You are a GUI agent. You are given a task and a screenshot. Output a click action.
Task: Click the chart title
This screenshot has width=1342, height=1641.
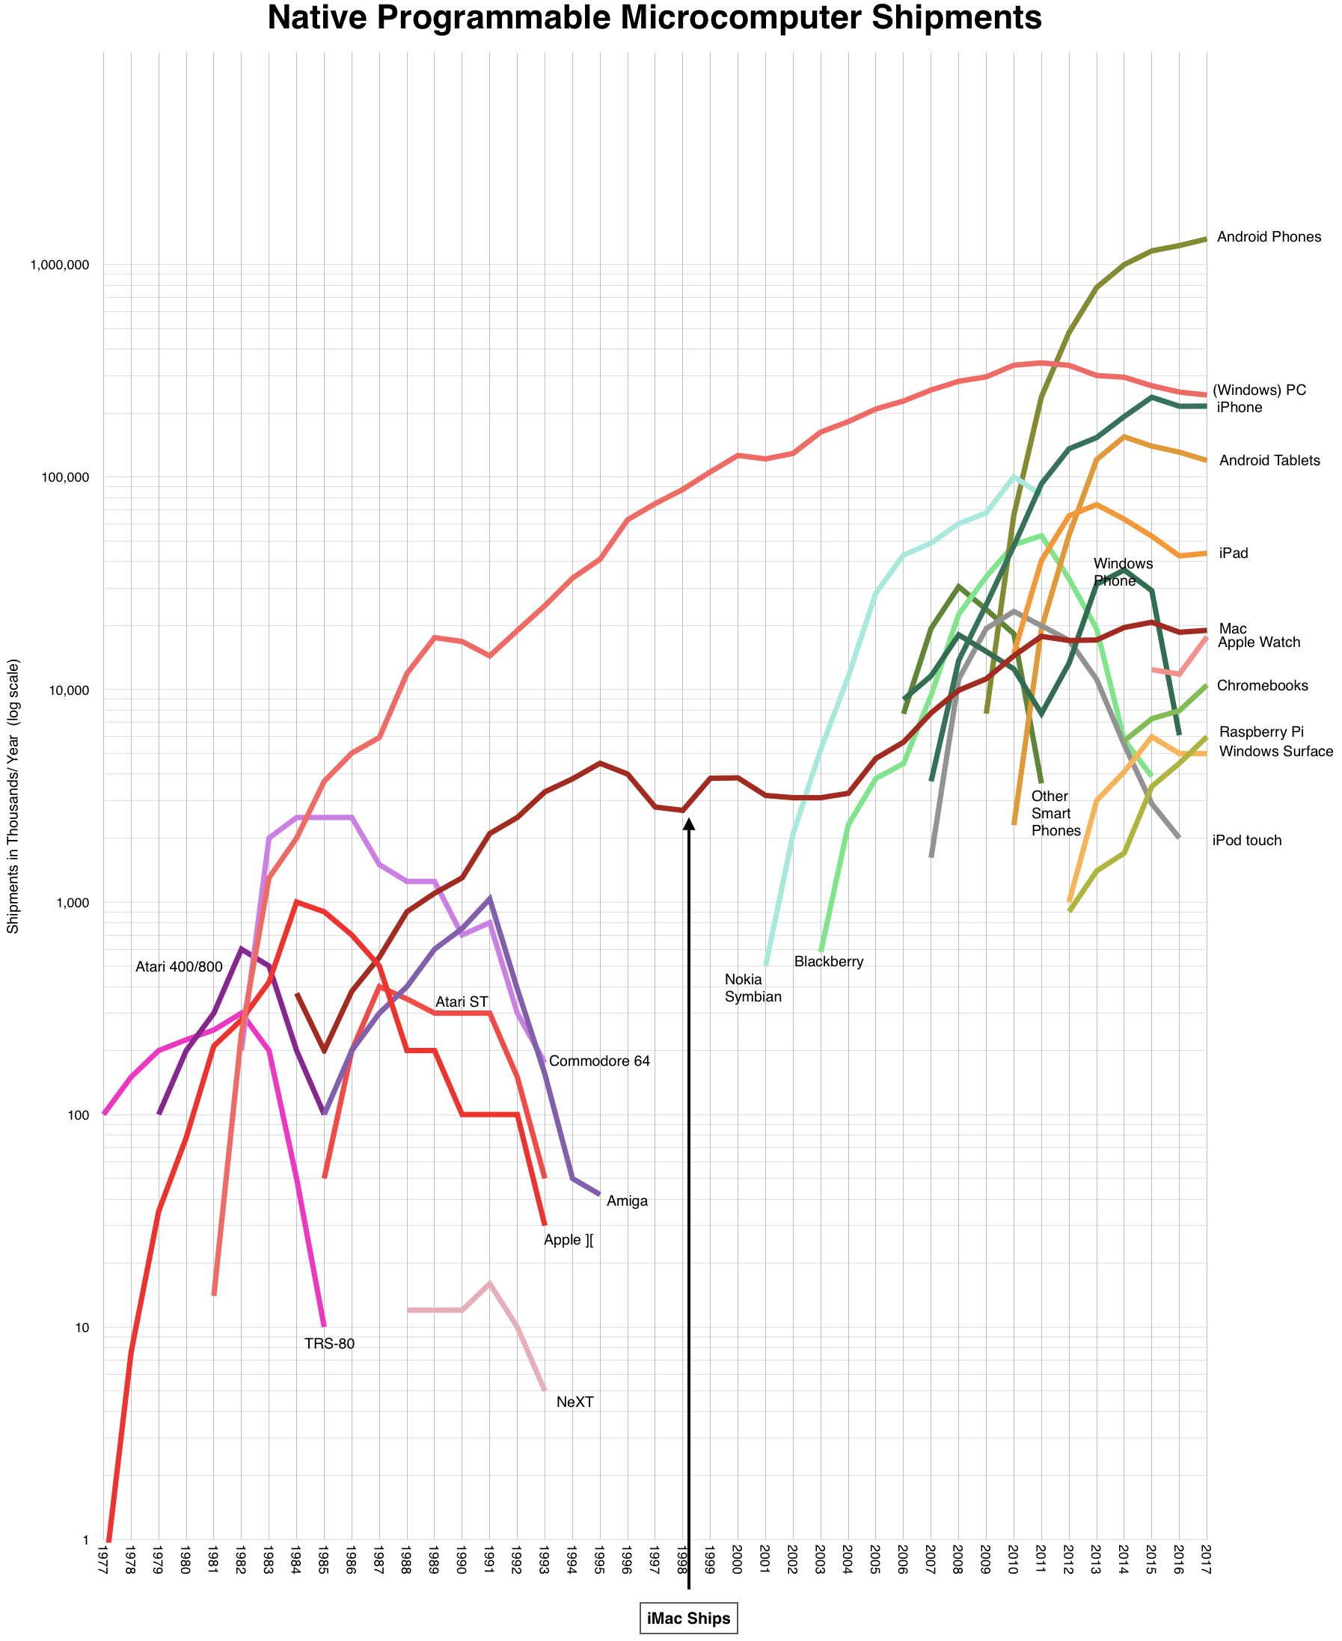click(x=654, y=19)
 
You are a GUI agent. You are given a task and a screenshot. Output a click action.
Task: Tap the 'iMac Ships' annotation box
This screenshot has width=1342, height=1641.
click(x=688, y=1618)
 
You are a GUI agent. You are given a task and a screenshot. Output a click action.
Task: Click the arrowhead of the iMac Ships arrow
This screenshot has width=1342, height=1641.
click(x=689, y=825)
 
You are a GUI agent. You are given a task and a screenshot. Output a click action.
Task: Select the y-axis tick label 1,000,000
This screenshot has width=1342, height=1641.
click(x=60, y=265)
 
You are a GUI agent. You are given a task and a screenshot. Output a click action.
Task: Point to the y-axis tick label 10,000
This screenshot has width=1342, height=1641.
click(x=70, y=690)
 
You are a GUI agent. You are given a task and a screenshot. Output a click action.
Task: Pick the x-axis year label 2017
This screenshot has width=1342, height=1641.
click(x=1206, y=1565)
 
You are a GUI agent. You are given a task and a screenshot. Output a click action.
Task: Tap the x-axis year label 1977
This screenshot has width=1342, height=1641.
click(x=103, y=1565)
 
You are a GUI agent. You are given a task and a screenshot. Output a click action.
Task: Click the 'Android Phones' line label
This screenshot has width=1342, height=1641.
click(x=1269, y=237)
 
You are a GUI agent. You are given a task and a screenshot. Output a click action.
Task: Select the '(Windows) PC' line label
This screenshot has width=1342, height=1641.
click(x=1258, y=390)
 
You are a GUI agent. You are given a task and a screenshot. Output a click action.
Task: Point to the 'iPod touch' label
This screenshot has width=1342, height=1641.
click(x=1246, y=840)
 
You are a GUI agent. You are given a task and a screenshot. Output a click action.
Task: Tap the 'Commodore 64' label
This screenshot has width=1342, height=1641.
click(x=599, y=1061)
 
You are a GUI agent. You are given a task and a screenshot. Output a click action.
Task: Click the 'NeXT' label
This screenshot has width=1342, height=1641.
click(x=575, y=1402)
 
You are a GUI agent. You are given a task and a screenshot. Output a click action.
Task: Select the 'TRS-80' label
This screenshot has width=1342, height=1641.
click(x=329, y=1343)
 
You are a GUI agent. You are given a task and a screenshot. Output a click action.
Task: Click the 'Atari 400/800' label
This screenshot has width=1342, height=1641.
click(x=179, y=967)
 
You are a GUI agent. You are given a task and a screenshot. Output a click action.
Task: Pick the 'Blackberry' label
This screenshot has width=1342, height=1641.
click(x=828, y=963)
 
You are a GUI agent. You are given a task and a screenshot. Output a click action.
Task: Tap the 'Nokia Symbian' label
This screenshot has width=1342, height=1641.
click(x=753, y=988)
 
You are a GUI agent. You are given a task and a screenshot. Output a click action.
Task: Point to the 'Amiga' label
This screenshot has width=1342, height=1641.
click(x=626, y=1201)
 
